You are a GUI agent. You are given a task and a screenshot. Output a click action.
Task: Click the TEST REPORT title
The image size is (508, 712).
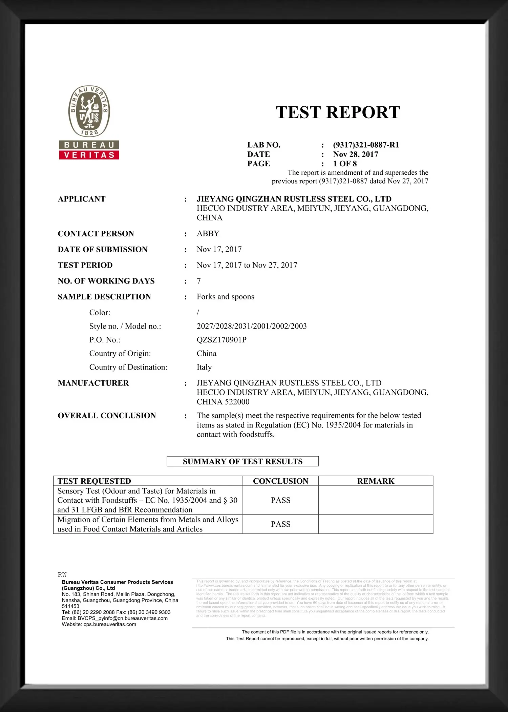pos(338,112)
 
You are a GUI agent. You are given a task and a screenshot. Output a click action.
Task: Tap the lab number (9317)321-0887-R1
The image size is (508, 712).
pos(366,145)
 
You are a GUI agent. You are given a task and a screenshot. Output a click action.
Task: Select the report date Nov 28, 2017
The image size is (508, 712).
pos(355,154)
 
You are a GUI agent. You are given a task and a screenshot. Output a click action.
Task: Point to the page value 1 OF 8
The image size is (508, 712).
pos(345,164)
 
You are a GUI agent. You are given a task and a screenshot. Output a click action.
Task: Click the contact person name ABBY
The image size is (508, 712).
pos(208,234)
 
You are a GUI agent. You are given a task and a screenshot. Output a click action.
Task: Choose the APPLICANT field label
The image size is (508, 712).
pos(82,199)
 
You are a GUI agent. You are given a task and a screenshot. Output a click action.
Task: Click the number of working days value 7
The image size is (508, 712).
pos(199,281)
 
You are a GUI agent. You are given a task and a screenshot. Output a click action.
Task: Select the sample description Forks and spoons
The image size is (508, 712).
pos(225,297)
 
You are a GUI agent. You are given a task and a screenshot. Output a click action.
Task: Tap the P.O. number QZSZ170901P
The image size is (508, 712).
pos(221,340)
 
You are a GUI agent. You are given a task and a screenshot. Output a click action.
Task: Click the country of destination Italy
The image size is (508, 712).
pos(204,367)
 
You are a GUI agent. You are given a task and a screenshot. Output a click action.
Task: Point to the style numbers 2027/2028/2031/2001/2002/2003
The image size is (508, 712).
pos(252,326)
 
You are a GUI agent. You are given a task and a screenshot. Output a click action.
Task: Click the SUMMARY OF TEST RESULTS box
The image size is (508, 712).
pos(242,461)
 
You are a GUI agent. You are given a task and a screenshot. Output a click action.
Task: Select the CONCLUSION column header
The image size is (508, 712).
pos(280,481)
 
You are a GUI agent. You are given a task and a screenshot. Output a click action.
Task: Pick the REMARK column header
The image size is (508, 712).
pos(376,481)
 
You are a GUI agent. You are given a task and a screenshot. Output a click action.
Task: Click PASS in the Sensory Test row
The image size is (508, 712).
pos(280,500)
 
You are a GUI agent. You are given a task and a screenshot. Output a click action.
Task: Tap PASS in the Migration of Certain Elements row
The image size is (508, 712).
pos(280,524)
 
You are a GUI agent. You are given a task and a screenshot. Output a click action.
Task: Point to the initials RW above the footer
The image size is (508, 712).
pos(62,575)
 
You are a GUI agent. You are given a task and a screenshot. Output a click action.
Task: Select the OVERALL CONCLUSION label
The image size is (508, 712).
pos(107,416)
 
